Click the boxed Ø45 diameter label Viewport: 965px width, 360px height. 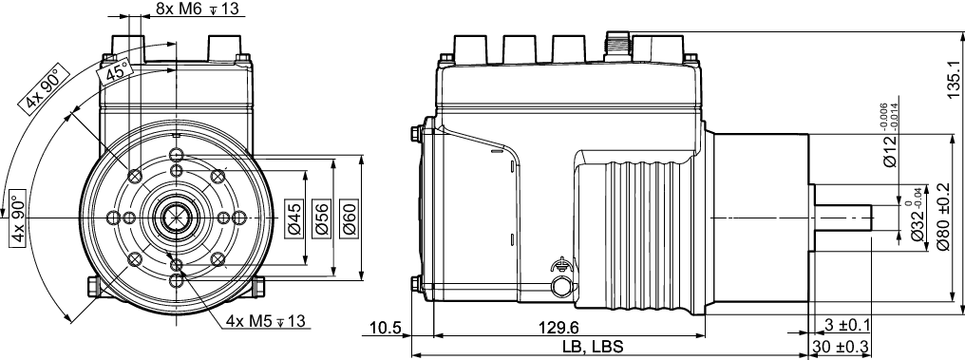tap(294, 218)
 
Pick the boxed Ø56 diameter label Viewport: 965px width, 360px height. tap(321, 218)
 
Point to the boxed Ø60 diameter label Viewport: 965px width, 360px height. tap(349, 218)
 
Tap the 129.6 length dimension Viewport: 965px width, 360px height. tap(558, 326)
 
